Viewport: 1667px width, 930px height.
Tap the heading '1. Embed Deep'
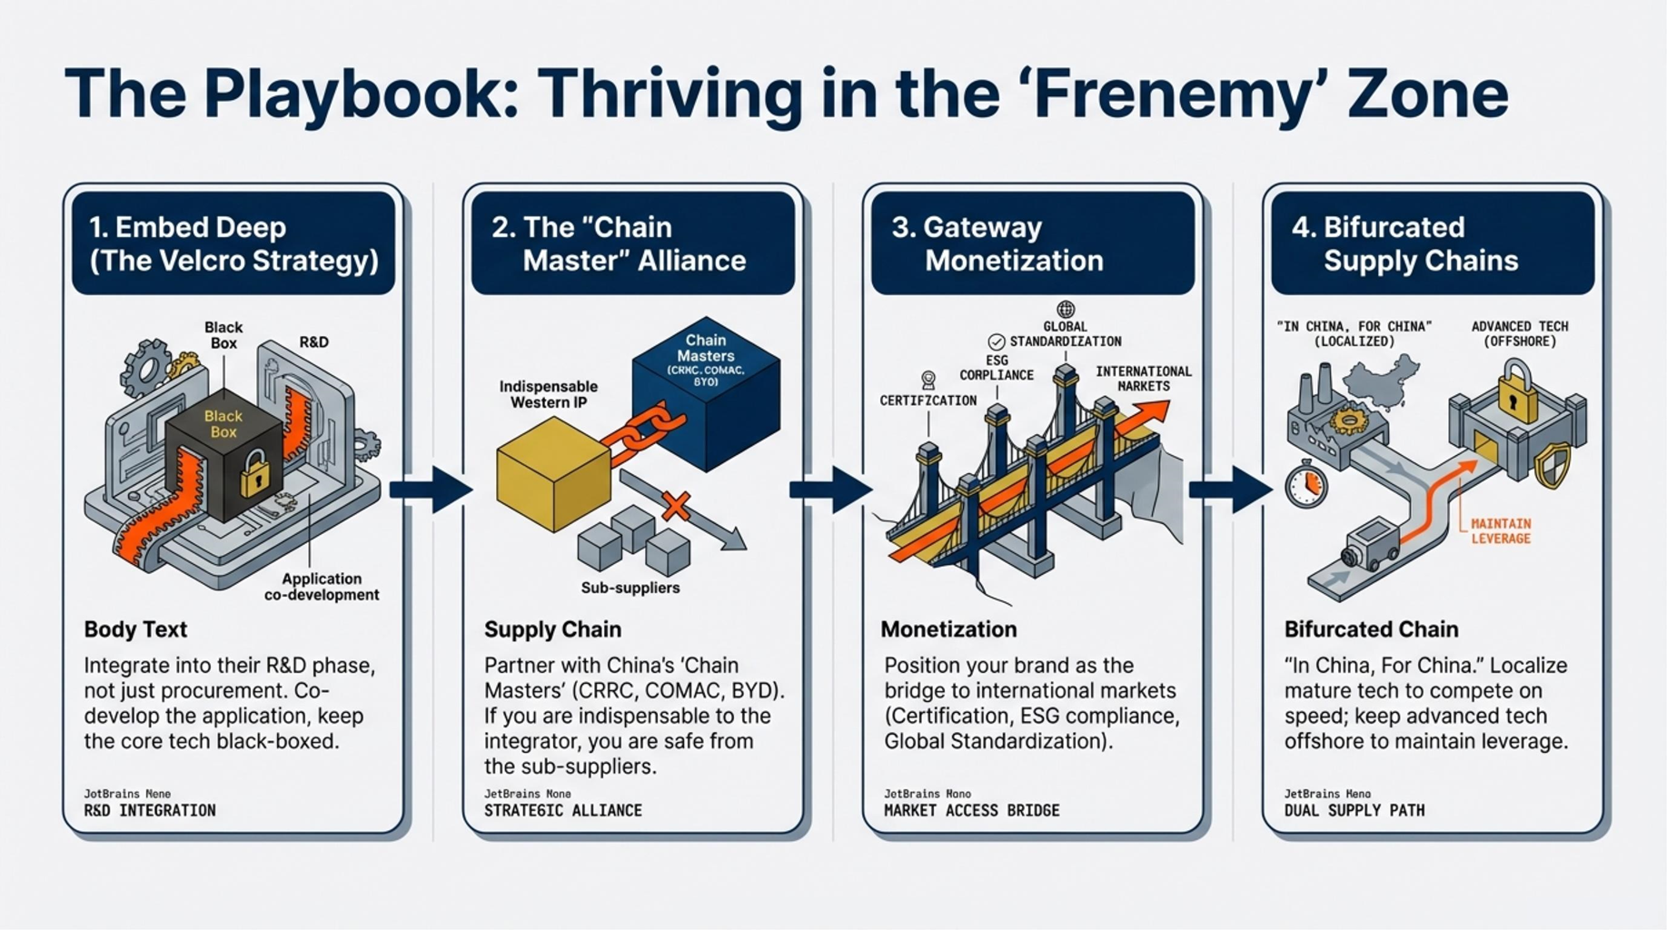tap(187, 227)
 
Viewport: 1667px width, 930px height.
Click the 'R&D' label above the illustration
tap(313, 342)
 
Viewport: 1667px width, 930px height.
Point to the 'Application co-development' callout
tap(321, 587)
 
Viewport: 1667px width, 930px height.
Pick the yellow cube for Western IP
tap(552, 472)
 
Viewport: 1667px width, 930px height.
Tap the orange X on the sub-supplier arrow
tap(676, 505)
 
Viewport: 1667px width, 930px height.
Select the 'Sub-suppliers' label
tap(630, 588)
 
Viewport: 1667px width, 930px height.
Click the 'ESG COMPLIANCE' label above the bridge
tap(997, 368)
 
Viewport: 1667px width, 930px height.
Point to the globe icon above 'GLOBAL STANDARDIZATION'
tap(1066, 310)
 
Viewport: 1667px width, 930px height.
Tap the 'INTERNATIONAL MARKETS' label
tap(1143, 379)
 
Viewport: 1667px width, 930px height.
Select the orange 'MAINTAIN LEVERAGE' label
tap(1501, 531)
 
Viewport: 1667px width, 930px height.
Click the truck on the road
tap(1370, 543)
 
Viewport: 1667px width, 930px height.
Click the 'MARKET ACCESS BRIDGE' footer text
tap(971, 810)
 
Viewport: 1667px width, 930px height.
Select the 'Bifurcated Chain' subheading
tap(1371, 629)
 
